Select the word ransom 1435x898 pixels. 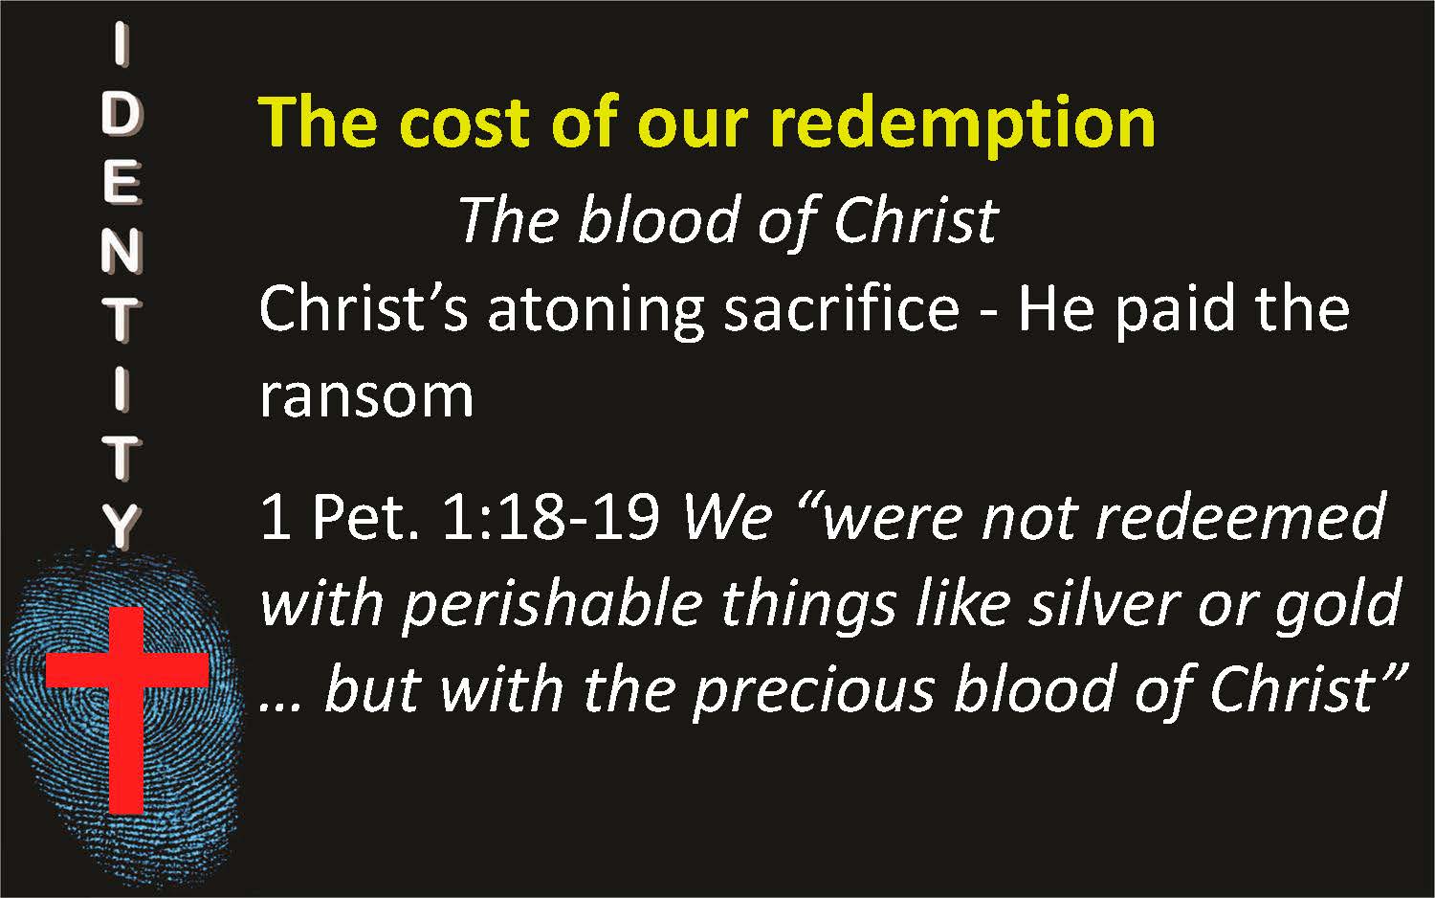click(366, 396)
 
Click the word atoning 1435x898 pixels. click(596, 314)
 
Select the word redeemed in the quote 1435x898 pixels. click(1241, 517)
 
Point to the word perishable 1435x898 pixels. click(552, 606)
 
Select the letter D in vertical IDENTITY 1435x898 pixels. click(121, 116)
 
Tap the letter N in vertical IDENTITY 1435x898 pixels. click(121, 251)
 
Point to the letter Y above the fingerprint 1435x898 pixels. click(121, 527)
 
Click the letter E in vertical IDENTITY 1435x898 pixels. click(121, 183)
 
